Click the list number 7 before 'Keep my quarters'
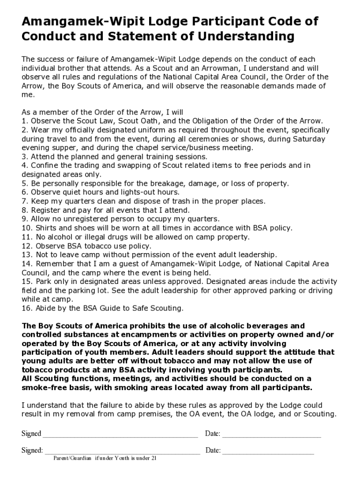(24, 201)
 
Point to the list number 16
(26, 308)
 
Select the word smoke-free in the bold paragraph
(42, 388)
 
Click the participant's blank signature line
(120, 435)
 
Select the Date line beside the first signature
(272, 435)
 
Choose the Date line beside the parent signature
(268, 452)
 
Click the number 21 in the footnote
(153, 458)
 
